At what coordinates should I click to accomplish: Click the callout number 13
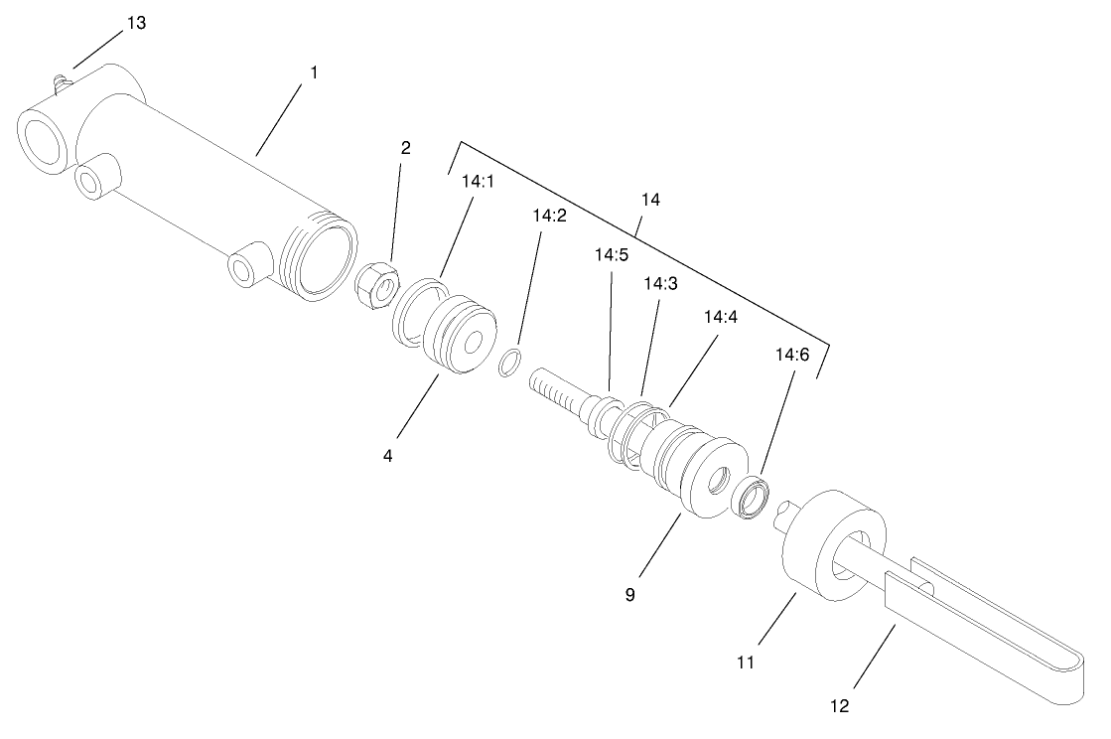(x=136, y=23)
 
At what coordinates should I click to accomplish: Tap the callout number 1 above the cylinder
(x=314, y=73)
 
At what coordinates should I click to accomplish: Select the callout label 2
(x=405, y=148)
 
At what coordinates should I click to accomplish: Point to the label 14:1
(x=480, y=182)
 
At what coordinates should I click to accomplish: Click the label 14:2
(x=549, y=215)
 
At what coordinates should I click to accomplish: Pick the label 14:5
(x=612, y=254)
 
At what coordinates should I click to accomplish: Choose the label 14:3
(x=660, y=283)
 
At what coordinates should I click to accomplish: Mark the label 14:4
(x=721, y=317)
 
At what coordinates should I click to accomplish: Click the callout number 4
(x=388, y=456)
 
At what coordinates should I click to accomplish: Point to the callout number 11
(x=746, y=661)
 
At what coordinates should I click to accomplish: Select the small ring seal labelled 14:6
(x=753, y=496)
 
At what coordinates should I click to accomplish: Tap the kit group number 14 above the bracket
(x=650, y=200)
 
